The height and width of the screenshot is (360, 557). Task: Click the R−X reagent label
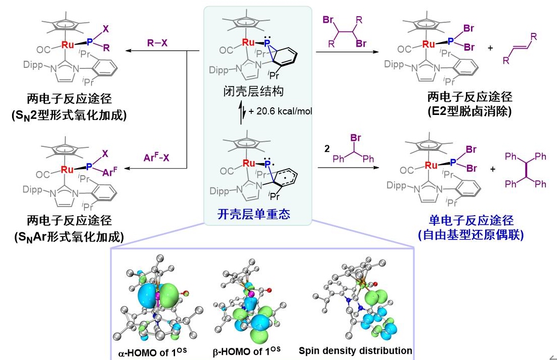(157, 44)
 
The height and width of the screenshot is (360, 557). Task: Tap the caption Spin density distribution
(356, 350)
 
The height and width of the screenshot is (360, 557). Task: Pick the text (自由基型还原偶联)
(470, 234)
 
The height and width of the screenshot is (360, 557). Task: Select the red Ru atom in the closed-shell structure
(248, 43)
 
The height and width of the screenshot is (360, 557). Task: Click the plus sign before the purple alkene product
(490, 48)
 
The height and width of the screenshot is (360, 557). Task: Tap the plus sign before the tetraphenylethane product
(492, 169)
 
